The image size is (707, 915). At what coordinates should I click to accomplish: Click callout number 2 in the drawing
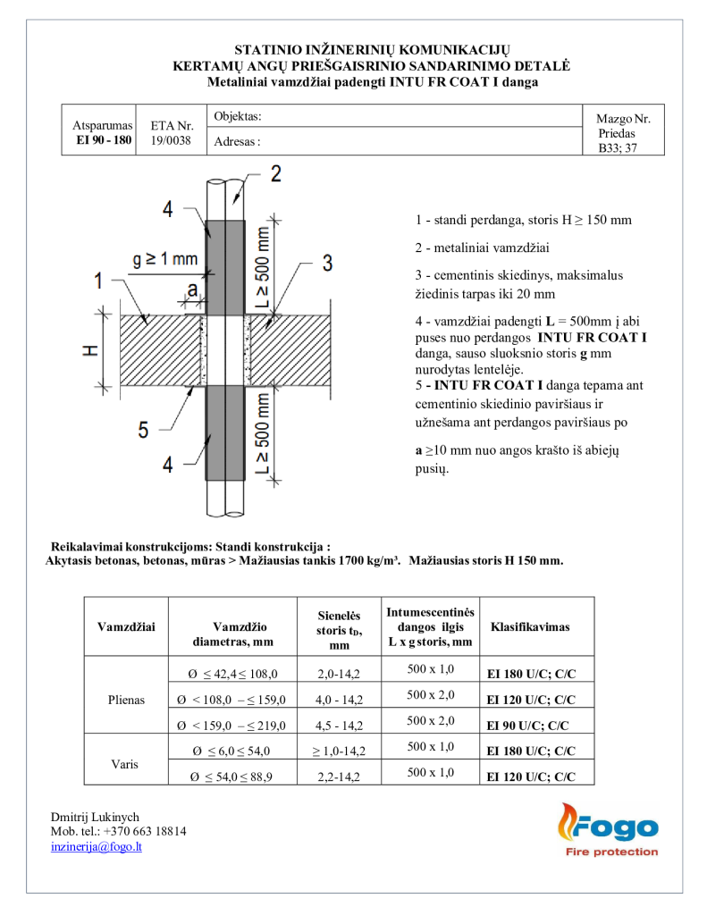(276, 173)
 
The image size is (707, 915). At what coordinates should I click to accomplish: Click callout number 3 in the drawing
(327, 262)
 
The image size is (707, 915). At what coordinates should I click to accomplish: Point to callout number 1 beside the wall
(98, 281)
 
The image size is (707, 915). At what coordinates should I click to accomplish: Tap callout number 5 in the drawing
(143, 431)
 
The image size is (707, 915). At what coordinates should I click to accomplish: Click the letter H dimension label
(90, 350)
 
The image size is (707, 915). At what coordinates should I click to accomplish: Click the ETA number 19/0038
(172, 140)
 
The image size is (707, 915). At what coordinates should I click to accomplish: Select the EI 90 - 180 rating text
(103, 140)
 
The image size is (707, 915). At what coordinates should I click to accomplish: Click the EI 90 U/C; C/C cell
(527, 726)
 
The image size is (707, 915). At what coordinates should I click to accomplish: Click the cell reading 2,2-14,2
(339, 777)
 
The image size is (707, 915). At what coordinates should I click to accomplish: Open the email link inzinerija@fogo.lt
(97, 846)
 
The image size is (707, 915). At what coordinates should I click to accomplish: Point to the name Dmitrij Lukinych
(95, 816)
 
